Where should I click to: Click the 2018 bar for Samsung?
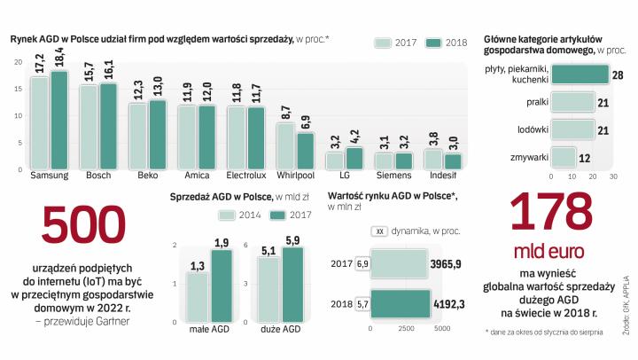(59, 120)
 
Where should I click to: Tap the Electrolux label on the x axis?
(245, 176)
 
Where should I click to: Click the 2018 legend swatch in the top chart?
(433, 43)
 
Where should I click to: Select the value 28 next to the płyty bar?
(618, 75)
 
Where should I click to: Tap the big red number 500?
(85, 226)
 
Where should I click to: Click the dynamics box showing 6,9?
(362, 263)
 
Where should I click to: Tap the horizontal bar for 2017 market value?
(400, 263)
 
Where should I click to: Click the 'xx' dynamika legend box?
(379, 231)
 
